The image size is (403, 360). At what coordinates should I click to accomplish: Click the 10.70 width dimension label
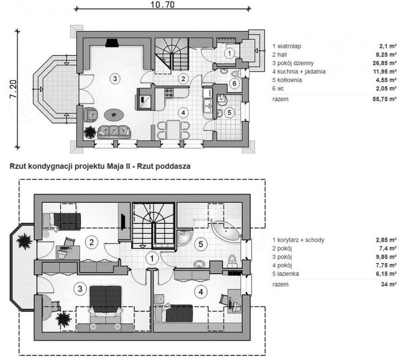click(x=162, y=4)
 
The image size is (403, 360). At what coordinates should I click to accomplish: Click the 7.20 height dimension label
click(x=13, y=89)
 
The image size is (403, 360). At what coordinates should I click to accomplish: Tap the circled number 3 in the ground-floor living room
click(x=115, y=79)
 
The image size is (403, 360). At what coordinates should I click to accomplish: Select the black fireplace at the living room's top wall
click(x=112, y=43)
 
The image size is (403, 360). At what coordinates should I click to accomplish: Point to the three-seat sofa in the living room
click(x=114, y=132)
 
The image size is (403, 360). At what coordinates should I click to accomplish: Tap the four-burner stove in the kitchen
click(x=169, y=93)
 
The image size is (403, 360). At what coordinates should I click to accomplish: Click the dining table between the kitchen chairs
click(x=173, y=130)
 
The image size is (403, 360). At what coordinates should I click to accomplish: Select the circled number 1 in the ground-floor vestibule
click(x=229, y=53)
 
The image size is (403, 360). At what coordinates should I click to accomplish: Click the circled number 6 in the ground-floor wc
click(x=234, y=83)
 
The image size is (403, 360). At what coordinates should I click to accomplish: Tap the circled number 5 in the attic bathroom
click(x=201, y=244)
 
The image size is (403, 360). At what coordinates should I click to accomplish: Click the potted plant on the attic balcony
click(x=24, y=241)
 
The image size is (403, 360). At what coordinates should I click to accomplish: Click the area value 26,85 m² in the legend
click(x=384, y=63)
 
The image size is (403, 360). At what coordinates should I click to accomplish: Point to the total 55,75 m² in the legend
click(x=384, y=99)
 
